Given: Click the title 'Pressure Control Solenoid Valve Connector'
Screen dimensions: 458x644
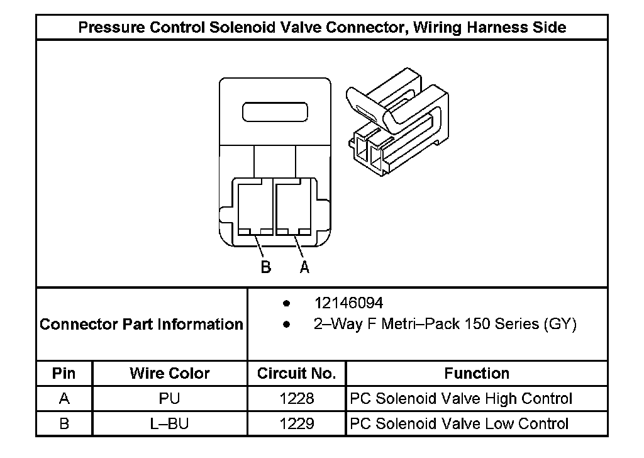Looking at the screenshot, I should click(321, 28).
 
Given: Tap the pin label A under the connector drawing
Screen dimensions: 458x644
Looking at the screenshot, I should click(304, 267).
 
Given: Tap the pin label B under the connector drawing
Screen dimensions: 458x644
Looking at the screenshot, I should click(266, 267).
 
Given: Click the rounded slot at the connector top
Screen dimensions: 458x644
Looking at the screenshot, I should click(275, 113).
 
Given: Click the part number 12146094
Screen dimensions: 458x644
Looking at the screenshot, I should click(348, 303).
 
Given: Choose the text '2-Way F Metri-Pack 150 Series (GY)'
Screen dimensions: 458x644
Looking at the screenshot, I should click(445, 325).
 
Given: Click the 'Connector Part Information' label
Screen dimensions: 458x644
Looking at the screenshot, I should click(142, 325).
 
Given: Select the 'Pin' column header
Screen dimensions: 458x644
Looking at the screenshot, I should click(64, 374).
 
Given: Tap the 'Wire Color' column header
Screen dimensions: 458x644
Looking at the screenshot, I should click(170, 374).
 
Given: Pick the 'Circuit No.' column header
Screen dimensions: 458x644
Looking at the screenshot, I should click(297, 374).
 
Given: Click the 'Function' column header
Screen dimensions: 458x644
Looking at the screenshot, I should click(477, 374).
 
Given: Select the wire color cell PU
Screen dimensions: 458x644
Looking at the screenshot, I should click(170, 399).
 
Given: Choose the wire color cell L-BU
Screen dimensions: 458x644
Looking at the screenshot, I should click(170, 423).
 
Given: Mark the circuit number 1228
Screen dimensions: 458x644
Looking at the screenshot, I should click(297, 399).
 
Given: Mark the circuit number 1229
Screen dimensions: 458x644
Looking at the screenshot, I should click(297, 423).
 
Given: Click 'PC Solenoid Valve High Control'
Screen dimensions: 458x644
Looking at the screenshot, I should click(461, 399).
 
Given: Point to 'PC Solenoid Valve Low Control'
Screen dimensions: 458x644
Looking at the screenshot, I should click(460, 423).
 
